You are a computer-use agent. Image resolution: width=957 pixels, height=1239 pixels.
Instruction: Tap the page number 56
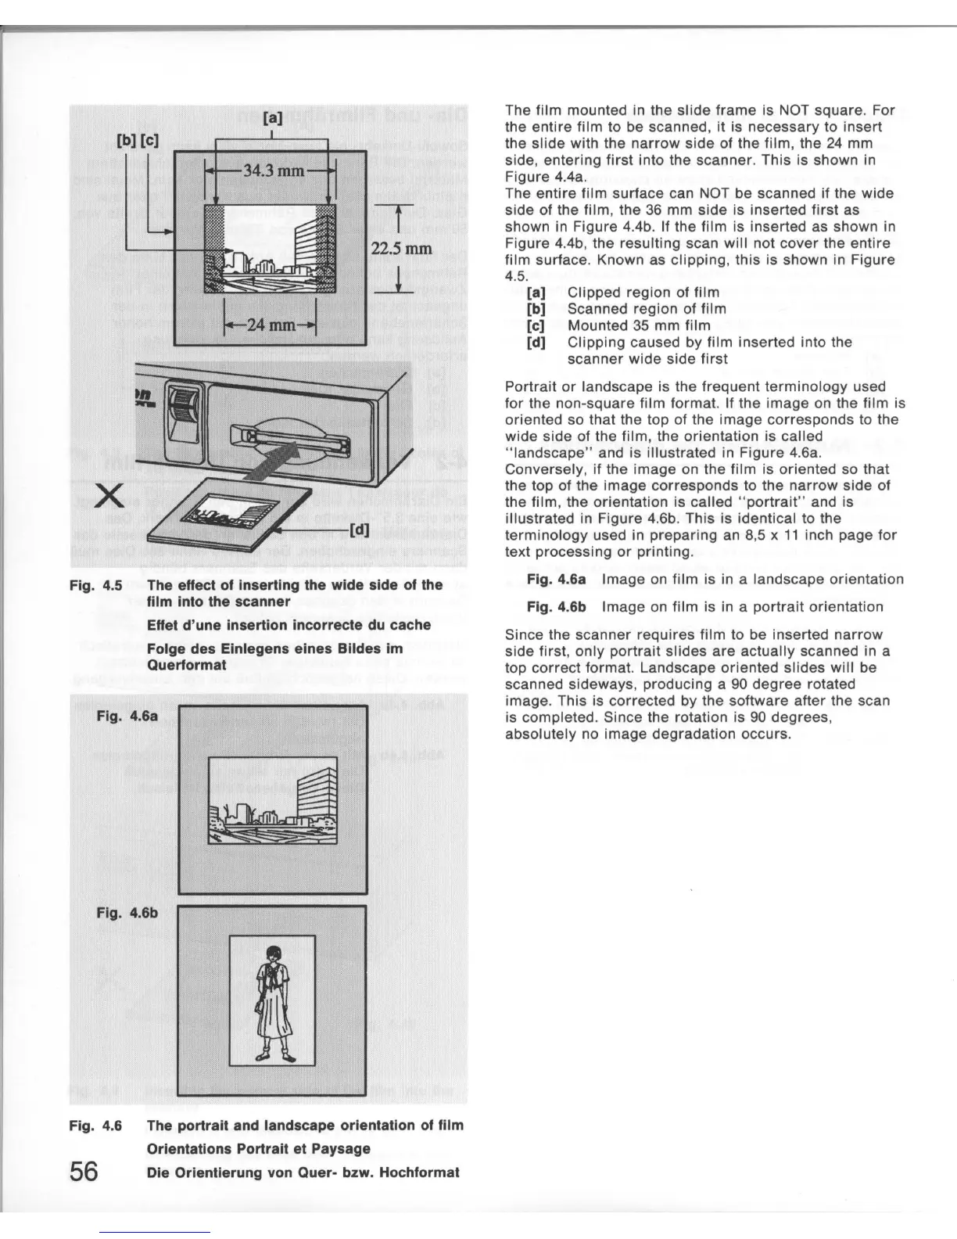click(84, 1171)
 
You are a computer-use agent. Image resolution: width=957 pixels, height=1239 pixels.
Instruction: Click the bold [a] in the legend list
click(536, 293)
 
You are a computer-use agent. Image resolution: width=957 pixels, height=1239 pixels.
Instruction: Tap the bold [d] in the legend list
click(536, 342)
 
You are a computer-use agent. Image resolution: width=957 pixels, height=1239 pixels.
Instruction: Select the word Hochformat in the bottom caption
click(422, 1172)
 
